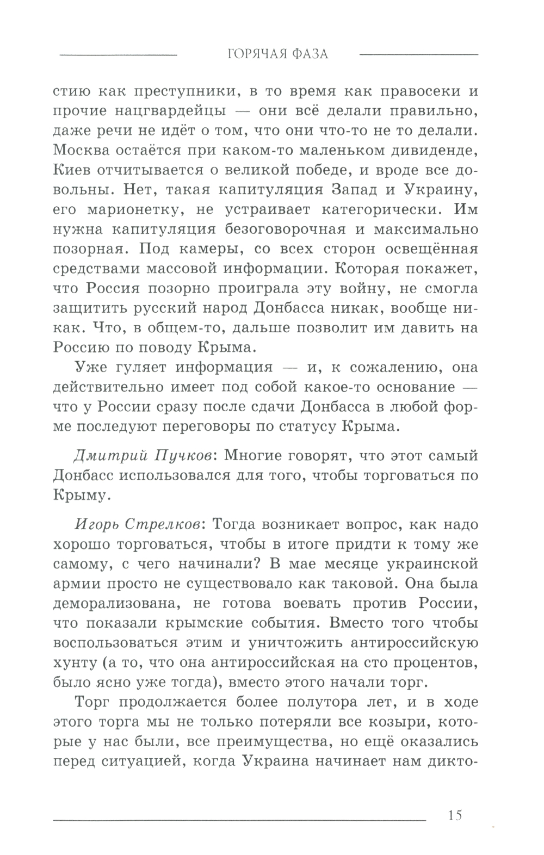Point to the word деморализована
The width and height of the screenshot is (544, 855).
tap(115, 603)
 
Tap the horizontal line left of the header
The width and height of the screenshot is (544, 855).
tap(118, 54)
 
